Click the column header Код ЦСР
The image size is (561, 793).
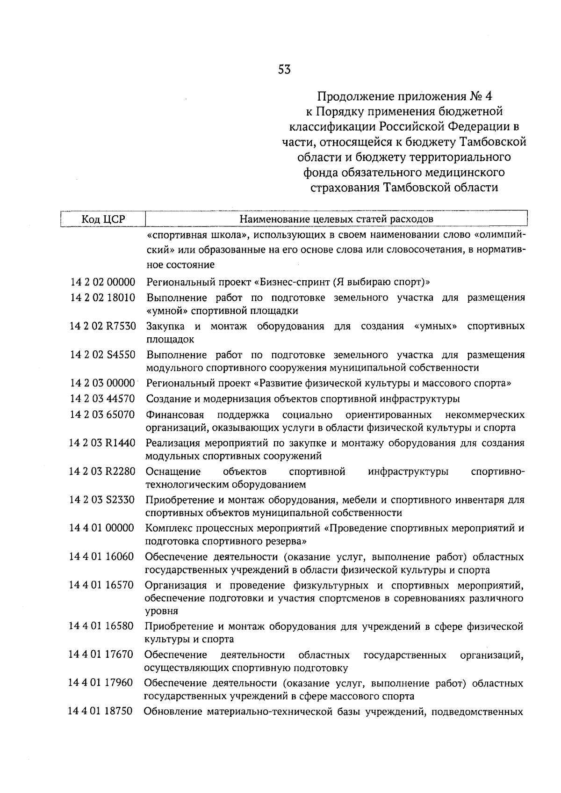[x=103, y=219]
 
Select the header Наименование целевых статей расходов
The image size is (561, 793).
[x=336, y=219]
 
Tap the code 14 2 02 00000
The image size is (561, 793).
[x=103, y=282]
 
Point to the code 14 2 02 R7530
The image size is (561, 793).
[x=103, y=326]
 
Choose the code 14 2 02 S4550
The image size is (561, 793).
[x=103, y=355]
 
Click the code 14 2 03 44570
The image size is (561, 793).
[x=102, y=399]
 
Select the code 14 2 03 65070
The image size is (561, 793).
[x=102, y=415]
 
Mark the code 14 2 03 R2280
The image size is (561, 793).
[x=102, y=472]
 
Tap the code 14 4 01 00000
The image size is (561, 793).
[x=102, y=528]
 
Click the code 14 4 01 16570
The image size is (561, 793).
[x=101, y=585]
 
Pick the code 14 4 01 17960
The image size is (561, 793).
[x=101, y=684]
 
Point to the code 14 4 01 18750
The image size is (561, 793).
[x=101, y=712]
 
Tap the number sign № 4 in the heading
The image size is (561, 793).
[x=481, y=96]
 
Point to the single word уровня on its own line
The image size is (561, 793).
[x=161, y=611]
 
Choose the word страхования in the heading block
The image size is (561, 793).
[x=345, y=188]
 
